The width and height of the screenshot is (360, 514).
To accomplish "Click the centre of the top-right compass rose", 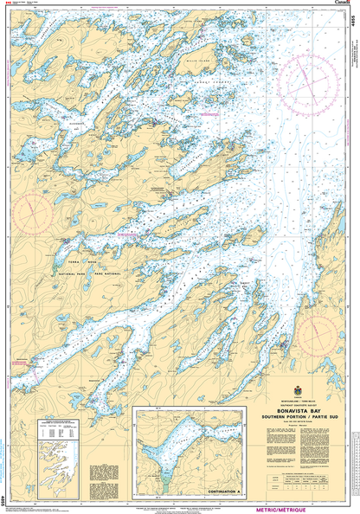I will [307, 68].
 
